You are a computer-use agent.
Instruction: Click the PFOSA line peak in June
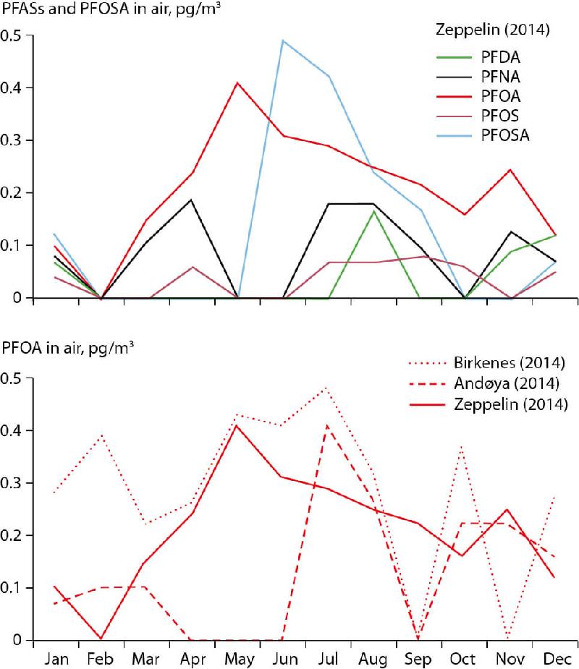pyautogui.click(x=282, y=41)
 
